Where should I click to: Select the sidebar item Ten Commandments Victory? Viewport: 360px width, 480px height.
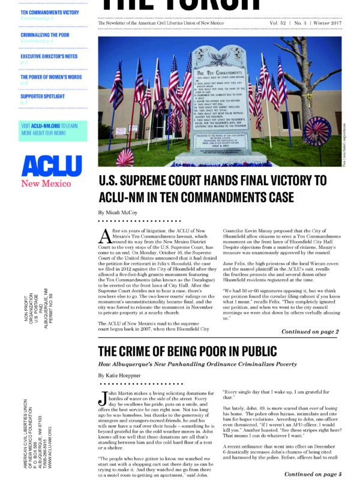point(49,12)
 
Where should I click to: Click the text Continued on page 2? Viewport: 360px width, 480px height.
point(310,331)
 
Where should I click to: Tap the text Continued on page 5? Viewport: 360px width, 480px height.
point(310,474)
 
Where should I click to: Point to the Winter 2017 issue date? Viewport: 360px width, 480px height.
point(327,22)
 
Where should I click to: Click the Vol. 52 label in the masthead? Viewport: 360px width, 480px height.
point(272,22)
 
